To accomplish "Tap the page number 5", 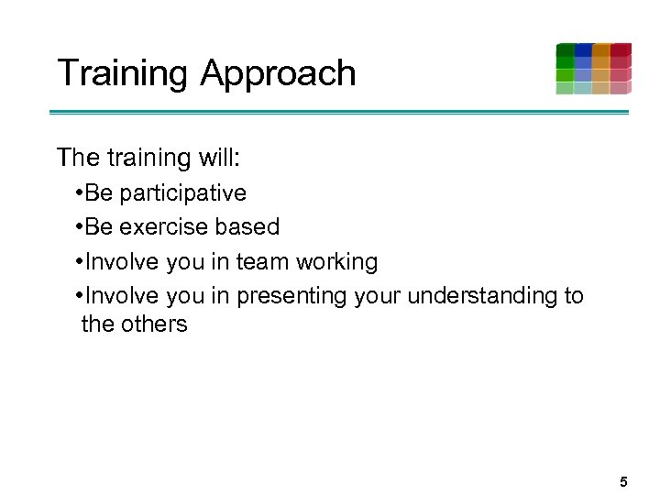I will click(623, 481).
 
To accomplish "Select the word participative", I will click(182, 193).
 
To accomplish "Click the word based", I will click(247, 227).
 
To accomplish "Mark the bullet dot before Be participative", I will click(80, 193).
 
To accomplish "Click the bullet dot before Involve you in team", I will click(80, 262).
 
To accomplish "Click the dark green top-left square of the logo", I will click(565, 50).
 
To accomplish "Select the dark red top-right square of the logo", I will click(621, 50).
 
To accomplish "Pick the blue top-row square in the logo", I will click(583, 50).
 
